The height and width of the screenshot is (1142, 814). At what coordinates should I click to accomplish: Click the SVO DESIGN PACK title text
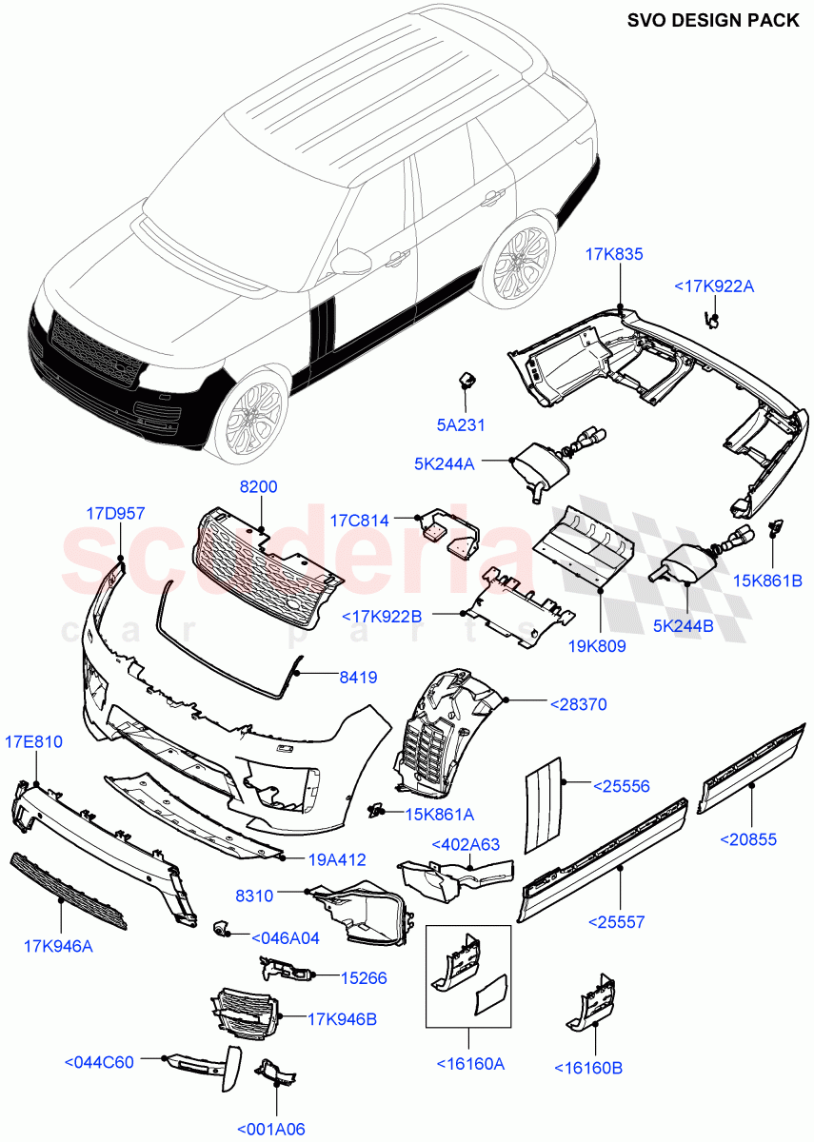713,20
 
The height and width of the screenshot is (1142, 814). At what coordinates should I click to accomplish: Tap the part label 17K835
614,254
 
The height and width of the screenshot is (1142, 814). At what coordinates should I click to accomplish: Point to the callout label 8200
258,486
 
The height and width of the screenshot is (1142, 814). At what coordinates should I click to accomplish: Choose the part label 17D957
115,513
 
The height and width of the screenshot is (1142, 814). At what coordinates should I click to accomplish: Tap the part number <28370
578,705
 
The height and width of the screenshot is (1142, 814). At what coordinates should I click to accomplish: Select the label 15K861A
440,814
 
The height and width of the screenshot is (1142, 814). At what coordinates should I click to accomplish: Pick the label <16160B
588,1068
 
